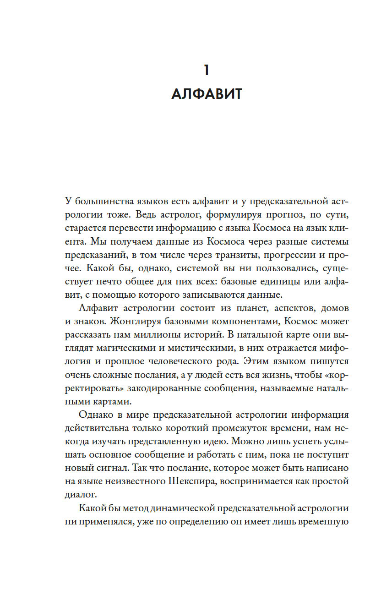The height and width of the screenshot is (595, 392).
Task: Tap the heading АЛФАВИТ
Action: [x=206, y=95]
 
